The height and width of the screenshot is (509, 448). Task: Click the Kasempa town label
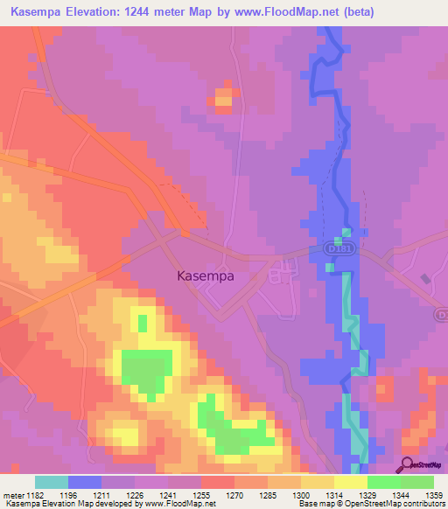tap(211, 275)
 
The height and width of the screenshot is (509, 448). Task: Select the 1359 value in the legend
tap(429, 496)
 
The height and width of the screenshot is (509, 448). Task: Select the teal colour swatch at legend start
tap(51, 482)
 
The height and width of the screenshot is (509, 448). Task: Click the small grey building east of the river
tap(426, 279)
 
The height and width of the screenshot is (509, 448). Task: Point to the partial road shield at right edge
tap(442, 312)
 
